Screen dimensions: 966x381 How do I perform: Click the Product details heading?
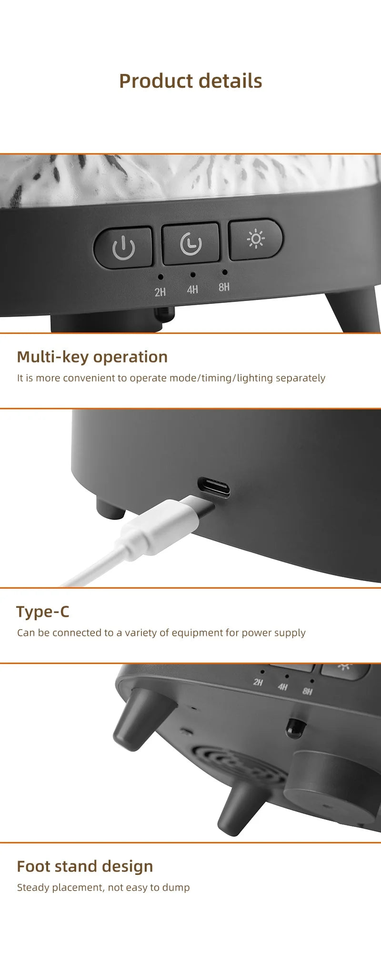(x=190, y=81)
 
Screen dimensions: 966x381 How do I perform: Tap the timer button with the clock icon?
(x=190, y=244)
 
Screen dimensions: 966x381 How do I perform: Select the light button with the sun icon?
(x=256, y=239)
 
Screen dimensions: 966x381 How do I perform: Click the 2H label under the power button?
(x=160, y=292)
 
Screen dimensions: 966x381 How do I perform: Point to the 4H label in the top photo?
(x=192, y=290)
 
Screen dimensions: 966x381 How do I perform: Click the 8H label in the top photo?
(x=224, y=287)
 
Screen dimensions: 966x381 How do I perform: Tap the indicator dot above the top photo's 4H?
(x=192, y=275)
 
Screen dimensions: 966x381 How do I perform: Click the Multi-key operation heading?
(x=92, y=357)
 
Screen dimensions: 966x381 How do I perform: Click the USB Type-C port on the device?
(x=214, y=487)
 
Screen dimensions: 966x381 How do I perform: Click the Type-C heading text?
(x=43, y=612)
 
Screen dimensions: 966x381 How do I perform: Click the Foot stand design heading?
(x=85, y=866)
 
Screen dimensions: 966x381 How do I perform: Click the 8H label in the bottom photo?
(x=307, y=691)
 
